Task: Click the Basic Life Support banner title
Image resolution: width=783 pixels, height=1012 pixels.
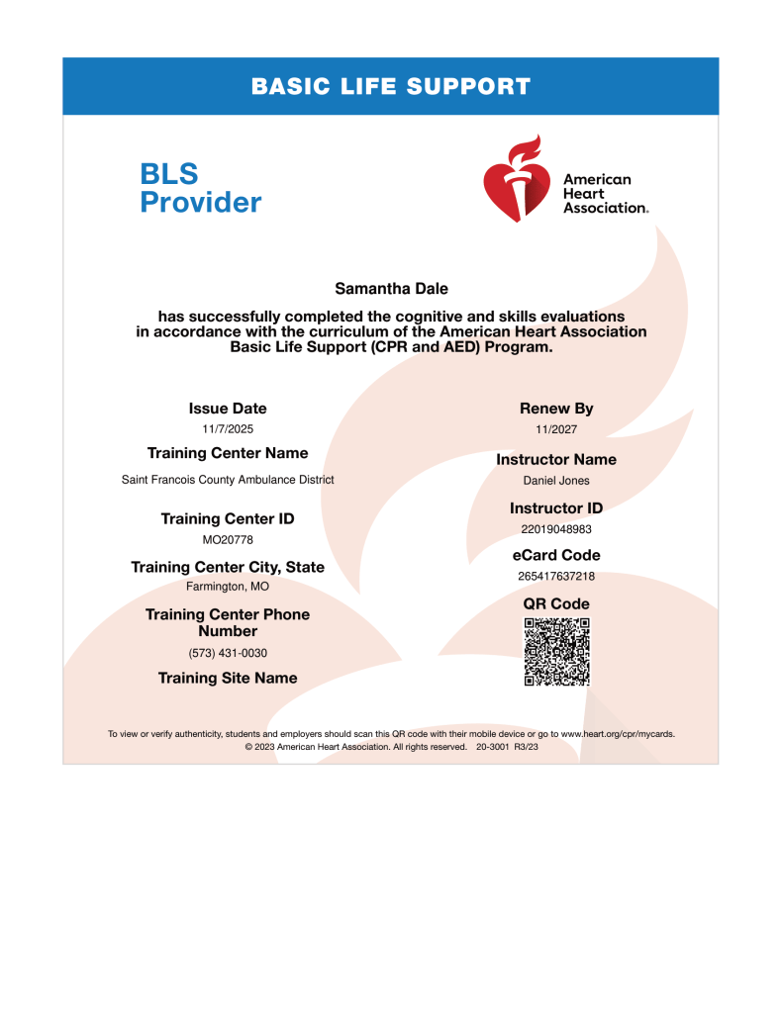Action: [x=391, y=86]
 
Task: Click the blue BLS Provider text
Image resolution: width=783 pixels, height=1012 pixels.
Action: [x=200, y=188]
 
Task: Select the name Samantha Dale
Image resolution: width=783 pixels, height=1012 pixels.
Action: [x=391, y=289]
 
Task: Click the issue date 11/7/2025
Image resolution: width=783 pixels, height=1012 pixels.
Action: [x=228, y=429]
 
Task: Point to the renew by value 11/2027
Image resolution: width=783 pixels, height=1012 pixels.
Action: [x=556, y=430]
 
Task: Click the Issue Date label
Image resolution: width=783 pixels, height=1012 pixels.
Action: [x=228, y=408]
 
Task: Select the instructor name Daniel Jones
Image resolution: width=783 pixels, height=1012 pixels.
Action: [x=556, y=481]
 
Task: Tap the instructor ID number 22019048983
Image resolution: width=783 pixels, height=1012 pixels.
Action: [x=556, y=528]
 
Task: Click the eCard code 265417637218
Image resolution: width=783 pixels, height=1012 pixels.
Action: [x=556, y=576]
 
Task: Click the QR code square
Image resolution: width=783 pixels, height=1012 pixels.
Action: [x=556, y=651]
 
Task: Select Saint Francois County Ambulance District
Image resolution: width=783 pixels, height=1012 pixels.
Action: [x=228, y=479]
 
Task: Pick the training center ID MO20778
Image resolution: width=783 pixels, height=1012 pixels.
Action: [x=228, y=540]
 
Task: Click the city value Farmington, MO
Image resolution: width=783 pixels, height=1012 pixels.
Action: [x=228, y=587]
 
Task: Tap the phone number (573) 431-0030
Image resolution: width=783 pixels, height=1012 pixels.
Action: [x=228, y=653]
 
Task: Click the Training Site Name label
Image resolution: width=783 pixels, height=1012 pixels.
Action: [x=228, y=678]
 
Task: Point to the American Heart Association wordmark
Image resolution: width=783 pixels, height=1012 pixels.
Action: [x=605, y=194]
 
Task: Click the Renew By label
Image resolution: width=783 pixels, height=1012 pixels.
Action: [x=556, y=408]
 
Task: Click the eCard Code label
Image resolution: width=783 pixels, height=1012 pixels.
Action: [x=556, y=555]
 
